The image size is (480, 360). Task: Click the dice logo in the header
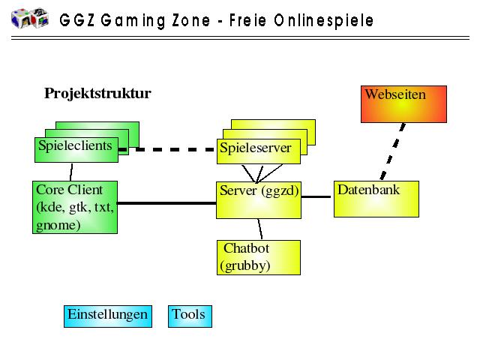coord(30,18)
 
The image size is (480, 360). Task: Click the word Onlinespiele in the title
coord(325,20)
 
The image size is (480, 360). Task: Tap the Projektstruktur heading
coord(97,94)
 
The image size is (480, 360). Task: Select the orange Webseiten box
coord(403,103)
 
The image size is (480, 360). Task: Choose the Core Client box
coord(75,207)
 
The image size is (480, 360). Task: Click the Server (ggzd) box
coord(258,199)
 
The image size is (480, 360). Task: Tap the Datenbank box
coord(376,198)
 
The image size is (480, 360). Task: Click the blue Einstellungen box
coord(106,316)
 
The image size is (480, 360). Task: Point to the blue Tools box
coord(190,316)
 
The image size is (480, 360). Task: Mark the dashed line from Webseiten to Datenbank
coord(392,151)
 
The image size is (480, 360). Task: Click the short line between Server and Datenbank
coord(316,197)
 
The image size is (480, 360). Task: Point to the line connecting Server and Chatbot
coord(260,229)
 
